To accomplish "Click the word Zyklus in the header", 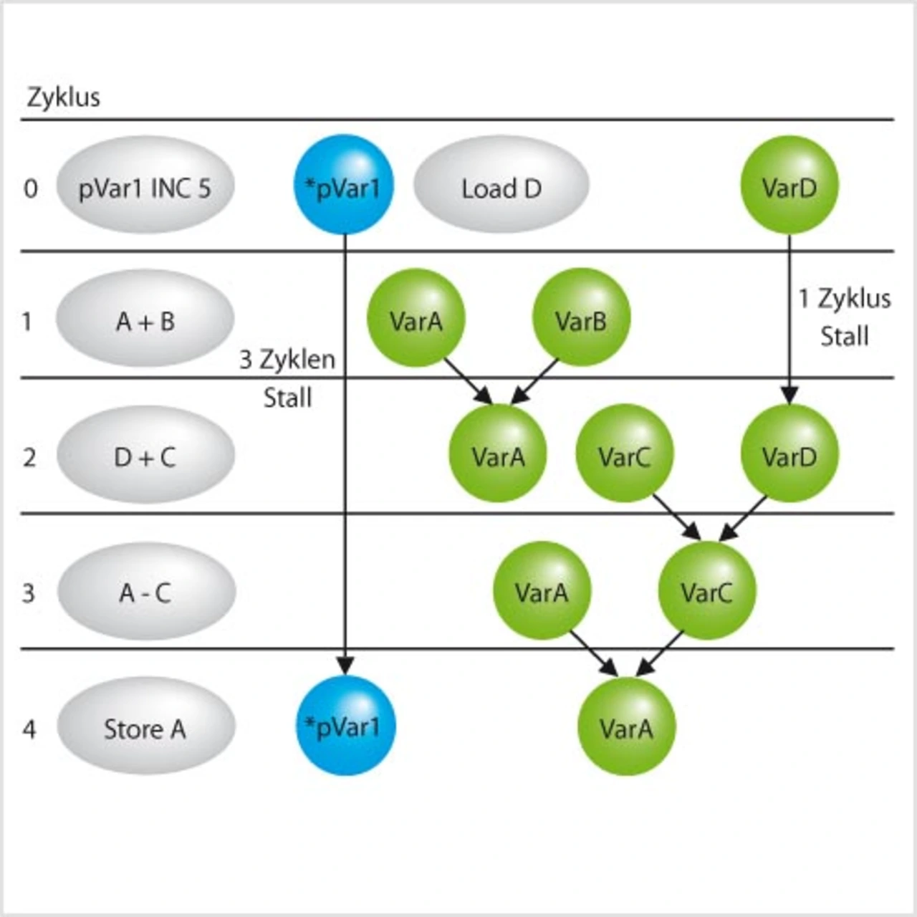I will coord(63,97).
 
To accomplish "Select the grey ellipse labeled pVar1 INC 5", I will coord(145,188).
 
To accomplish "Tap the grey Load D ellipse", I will coord(501,188).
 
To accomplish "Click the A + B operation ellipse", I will coord(145,321).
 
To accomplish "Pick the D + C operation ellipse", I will coord(145,456).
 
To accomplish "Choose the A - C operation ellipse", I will coord(145,592).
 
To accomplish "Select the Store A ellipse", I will coord(145,729).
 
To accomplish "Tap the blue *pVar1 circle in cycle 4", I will coord(345,726).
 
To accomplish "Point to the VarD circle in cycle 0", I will coord(789,186).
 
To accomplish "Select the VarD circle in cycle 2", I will coord(789,454).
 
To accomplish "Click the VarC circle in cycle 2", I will coord(624,454).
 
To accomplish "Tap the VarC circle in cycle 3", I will coord(706,591).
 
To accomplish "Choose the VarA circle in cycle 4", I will coord(626,727).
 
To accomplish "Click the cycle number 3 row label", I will coord(29,593).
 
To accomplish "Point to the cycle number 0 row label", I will coord(30,188).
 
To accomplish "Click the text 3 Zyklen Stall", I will coord(287,378).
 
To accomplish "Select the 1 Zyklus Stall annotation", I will coord(845,317).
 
